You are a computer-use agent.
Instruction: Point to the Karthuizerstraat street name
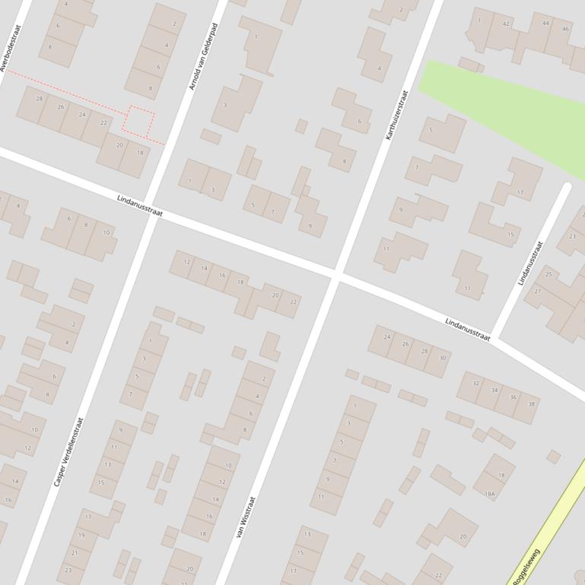[397, 115]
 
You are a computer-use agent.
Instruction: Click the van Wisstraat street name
[246, 517]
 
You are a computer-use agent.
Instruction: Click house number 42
[507, 24]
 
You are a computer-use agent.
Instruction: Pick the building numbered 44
[545, 24]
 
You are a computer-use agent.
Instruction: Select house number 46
[565, 29]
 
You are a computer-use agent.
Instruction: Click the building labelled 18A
[490, 495]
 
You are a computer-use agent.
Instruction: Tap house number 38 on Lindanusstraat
[532, 403]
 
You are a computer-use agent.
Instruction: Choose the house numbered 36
[513, 397]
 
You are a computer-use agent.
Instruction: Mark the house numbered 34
[494, 391]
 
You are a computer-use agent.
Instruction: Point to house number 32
[476, 384]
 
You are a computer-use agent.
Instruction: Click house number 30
[442, 358]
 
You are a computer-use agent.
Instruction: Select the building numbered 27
[538, 292]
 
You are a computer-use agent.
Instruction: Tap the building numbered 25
[548, 274]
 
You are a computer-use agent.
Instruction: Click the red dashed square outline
[139, 121]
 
